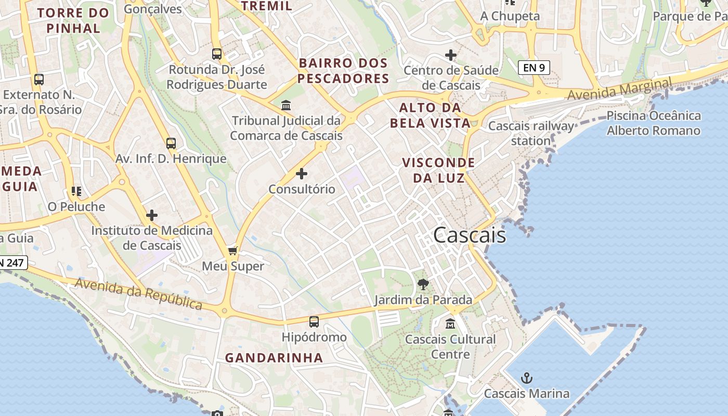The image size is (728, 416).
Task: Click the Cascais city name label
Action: [x=469, y=235]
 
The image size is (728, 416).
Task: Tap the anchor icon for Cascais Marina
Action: [x=527, y=378]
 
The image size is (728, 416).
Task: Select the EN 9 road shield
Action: [x=534, y=67]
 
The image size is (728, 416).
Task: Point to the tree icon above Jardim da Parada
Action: [x=423, y=284]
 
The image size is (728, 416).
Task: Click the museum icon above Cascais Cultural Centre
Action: [x=450, y=323]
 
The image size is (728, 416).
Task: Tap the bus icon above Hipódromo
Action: [x=314, y=321]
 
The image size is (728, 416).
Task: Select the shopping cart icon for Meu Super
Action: [x=233, y=251]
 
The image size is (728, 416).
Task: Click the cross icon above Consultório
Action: [x=302, y=173]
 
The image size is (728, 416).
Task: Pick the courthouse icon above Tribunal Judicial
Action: [x=286, y=106]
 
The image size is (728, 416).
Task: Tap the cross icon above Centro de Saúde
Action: [x=451, y=55]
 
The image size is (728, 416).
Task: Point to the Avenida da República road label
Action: [x=138, y=293]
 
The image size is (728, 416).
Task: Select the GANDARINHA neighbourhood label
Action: [x=274, y=358]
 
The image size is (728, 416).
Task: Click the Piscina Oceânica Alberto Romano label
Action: [x=654, y=123]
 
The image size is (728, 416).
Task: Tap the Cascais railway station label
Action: [x=531, y=133]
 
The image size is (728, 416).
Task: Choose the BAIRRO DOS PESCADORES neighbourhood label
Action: [x=344, y=71]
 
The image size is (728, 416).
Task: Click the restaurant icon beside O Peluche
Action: [x=76, y=191]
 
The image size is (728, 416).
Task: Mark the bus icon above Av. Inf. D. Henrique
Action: [x=171, y=144]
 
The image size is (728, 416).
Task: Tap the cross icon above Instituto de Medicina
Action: [x=152, y=215]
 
